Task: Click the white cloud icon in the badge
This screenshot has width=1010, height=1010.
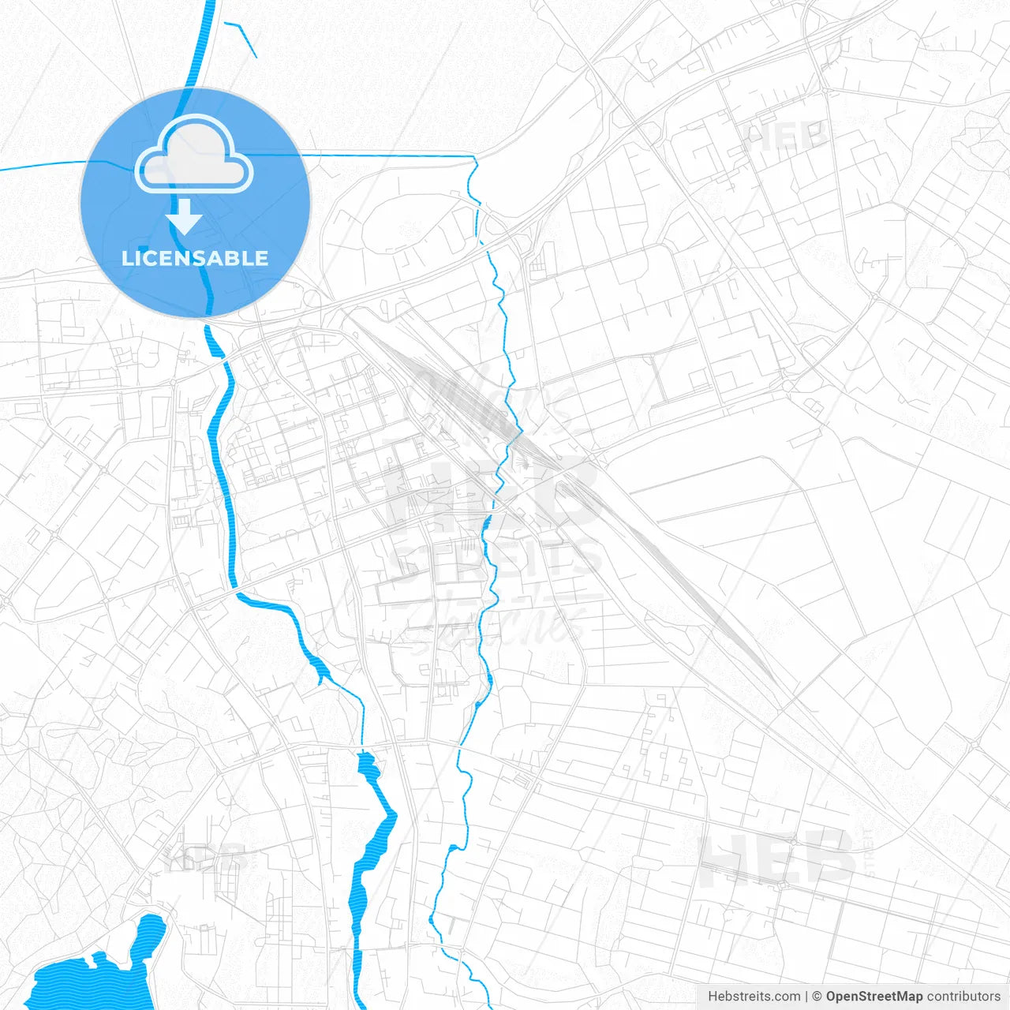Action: coord(194,156)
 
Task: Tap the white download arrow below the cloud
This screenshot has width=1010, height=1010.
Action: coord(185,218)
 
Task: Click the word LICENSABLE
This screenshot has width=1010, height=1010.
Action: coord(195,258)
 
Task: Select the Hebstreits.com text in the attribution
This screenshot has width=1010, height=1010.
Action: coord(754,997)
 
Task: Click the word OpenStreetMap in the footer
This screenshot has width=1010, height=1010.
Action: coord(874,997)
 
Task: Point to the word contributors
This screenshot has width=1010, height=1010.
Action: coord(963,997)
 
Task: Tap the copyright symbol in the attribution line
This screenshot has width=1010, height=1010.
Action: coord(817,997)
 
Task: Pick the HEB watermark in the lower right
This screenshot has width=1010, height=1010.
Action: coord(777,858)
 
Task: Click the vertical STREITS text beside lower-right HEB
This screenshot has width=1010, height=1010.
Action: coord(870,852)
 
